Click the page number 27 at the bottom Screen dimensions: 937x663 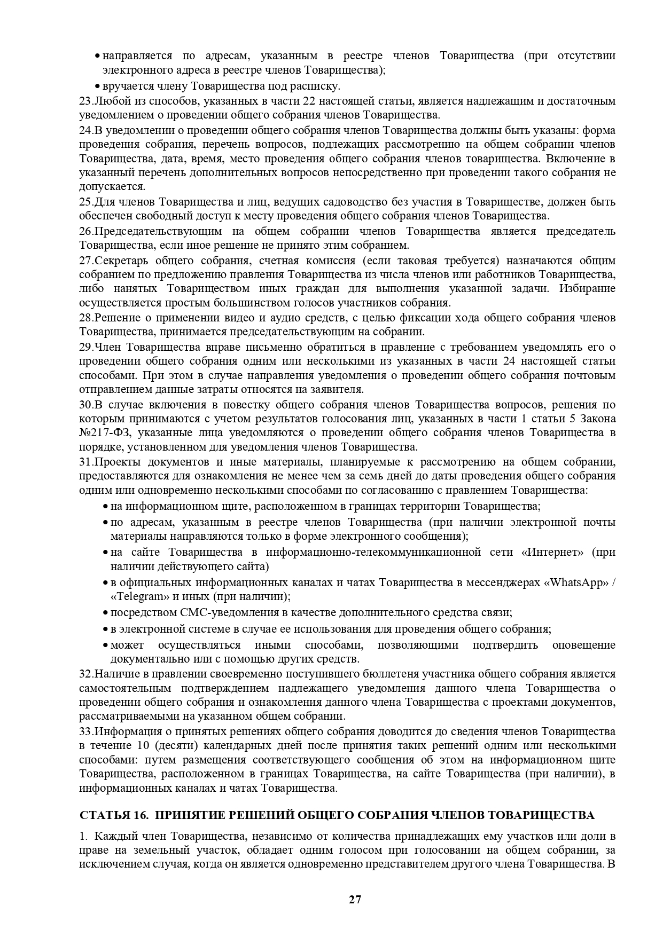coord(355,900)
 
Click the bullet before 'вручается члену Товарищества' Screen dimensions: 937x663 coord(97,86)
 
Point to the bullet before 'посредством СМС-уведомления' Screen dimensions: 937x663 coord(106,613)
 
